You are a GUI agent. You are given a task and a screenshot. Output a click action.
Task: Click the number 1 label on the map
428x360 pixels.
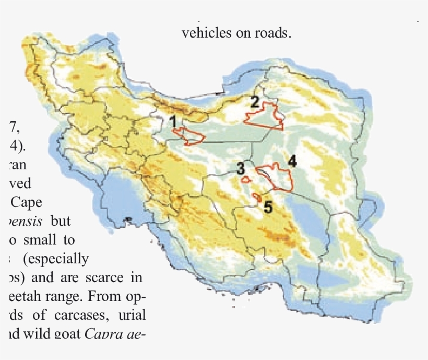point(173,122)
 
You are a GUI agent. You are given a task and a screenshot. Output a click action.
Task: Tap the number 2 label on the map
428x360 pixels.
point(255,102)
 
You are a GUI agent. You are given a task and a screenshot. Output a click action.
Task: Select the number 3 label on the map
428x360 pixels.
point(240,169)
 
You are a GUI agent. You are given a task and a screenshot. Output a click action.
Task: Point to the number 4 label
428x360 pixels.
point(292,161)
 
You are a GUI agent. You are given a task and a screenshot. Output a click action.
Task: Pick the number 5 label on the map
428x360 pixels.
point(268,207)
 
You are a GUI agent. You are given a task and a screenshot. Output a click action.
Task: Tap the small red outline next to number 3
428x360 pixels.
point(245,179)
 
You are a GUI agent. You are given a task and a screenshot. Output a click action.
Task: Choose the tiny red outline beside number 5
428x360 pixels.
point(257,197)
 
